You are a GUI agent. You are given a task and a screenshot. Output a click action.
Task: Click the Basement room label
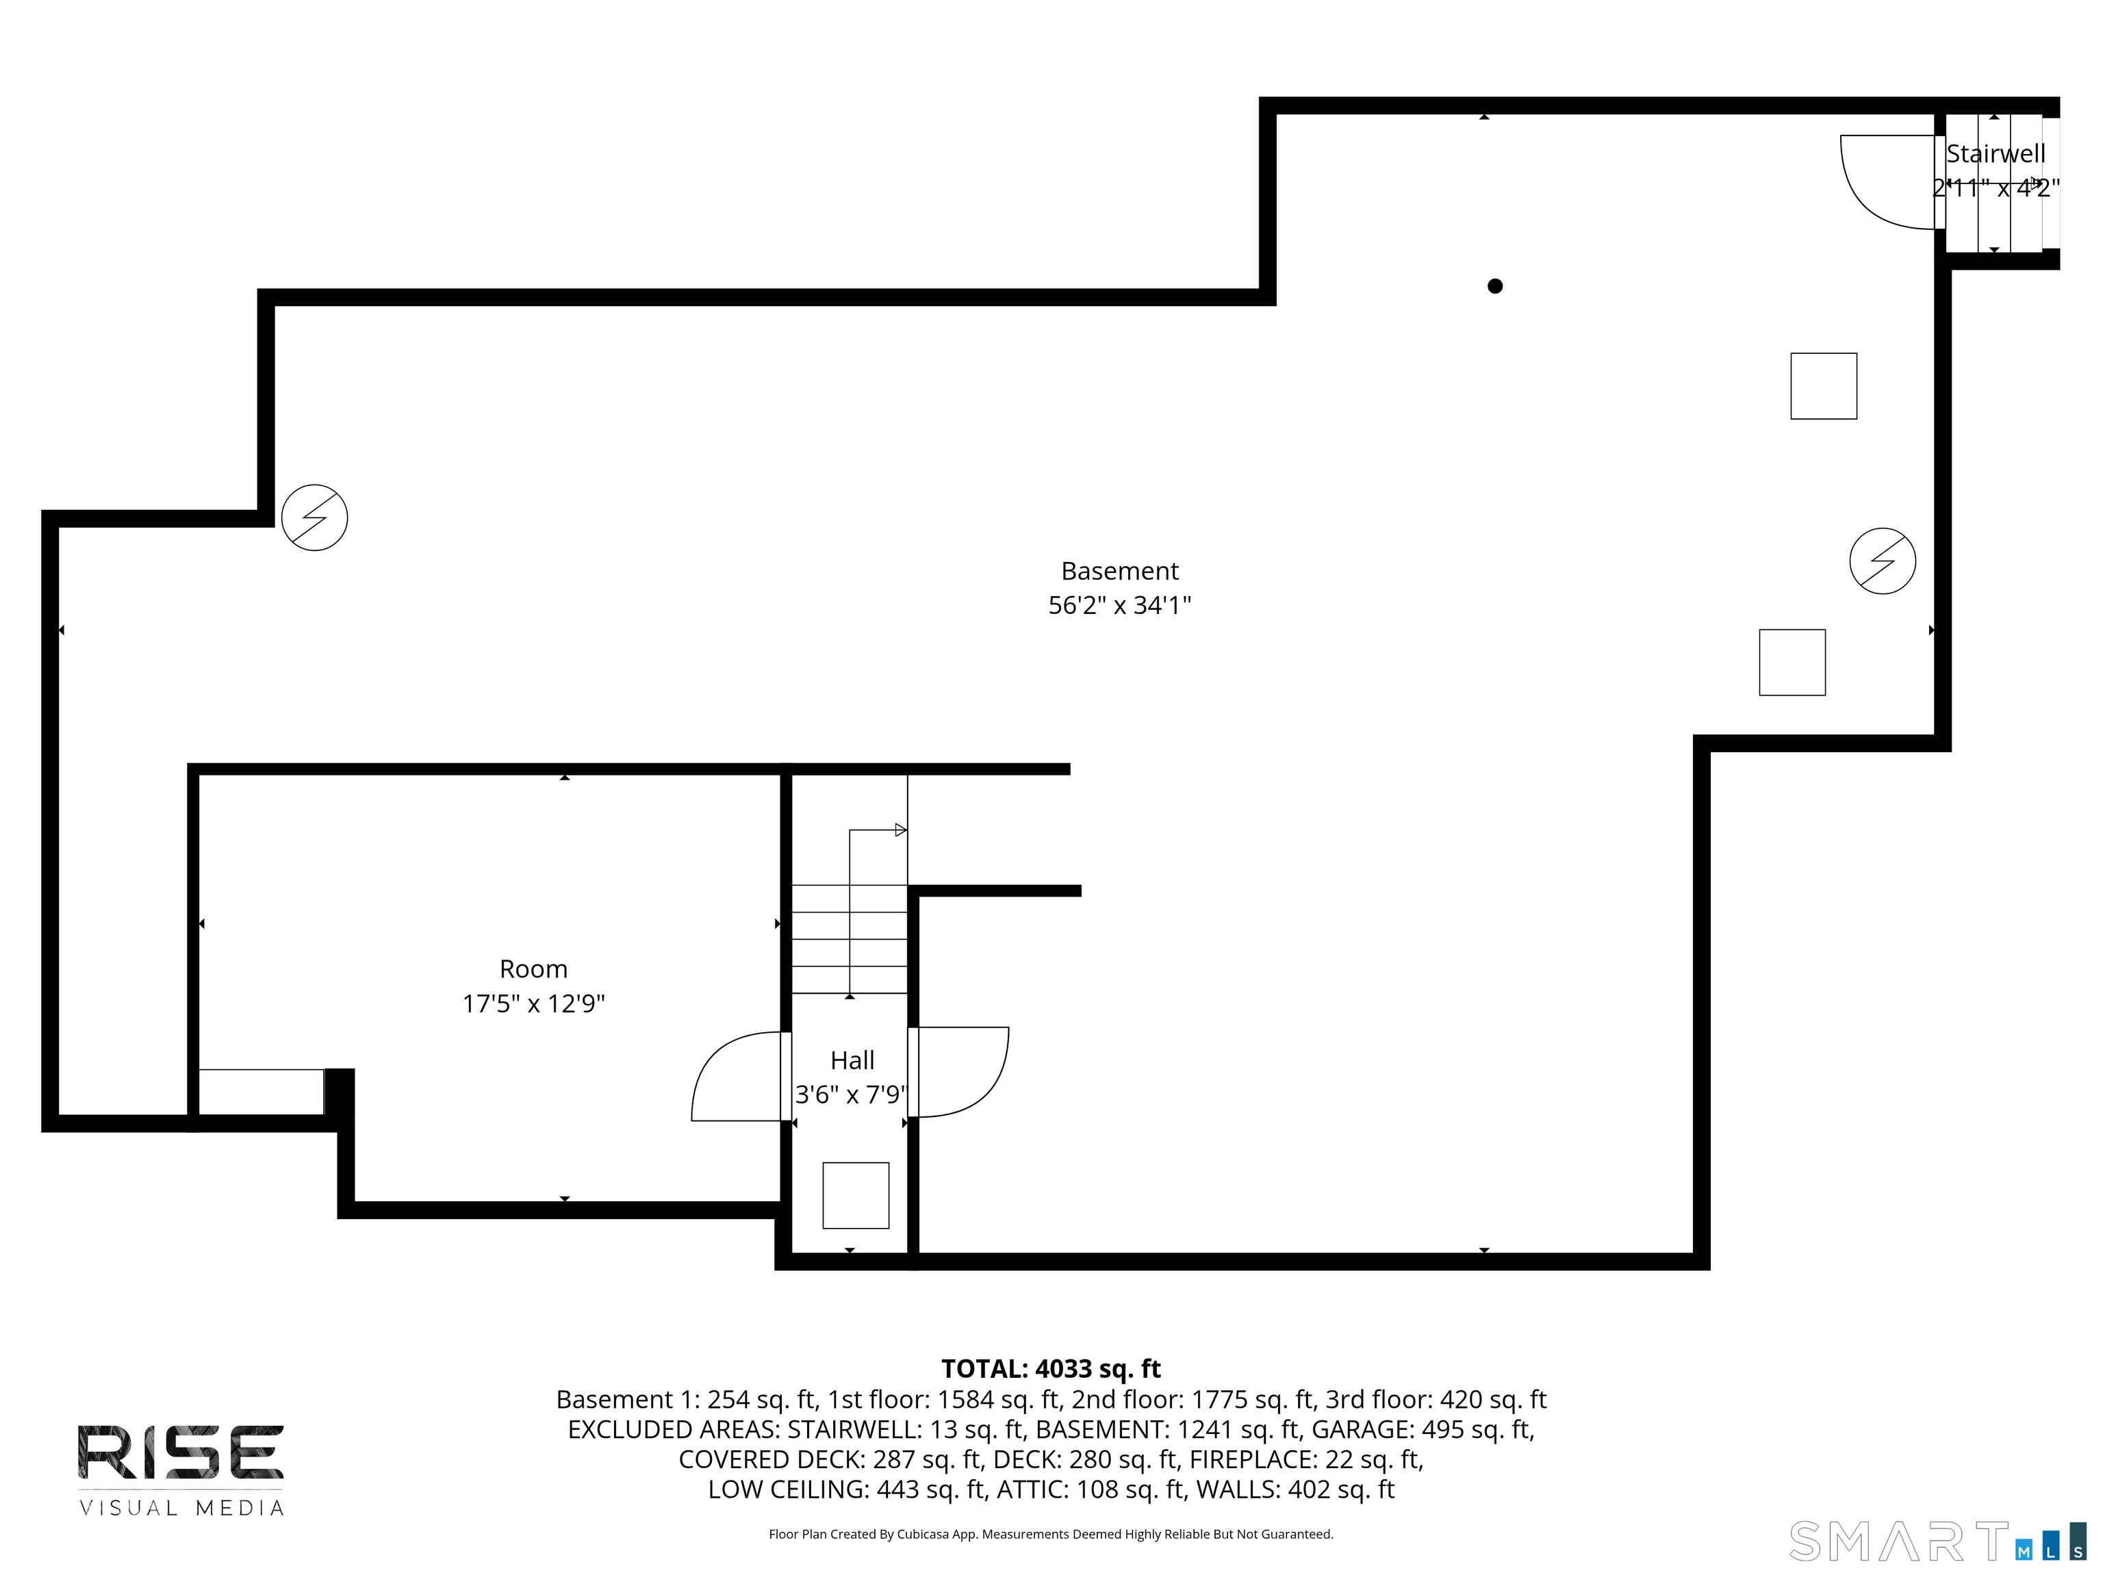pos(1119,572)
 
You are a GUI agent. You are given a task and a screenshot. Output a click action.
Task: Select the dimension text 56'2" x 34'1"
pos(1119,606)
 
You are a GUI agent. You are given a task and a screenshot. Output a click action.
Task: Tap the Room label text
pos(533,969)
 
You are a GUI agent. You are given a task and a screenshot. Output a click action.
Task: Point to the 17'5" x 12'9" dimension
pos(533,1004)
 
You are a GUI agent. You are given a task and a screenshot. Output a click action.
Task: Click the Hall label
pos(852,1060)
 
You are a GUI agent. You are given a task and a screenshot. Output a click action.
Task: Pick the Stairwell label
pos(1995,154)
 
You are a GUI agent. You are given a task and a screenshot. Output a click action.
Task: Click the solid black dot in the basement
pos(1494,286)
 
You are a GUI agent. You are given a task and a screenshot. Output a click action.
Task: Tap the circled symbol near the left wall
pos(315,518)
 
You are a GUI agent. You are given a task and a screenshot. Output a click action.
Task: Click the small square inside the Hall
pos(856,1195)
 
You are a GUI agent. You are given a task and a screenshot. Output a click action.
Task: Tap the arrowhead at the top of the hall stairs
pos(900,830)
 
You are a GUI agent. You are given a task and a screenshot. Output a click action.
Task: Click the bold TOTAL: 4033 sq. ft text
pos(1051,1369)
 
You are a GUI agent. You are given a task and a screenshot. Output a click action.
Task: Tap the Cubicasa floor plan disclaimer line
pos(1051,1535)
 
